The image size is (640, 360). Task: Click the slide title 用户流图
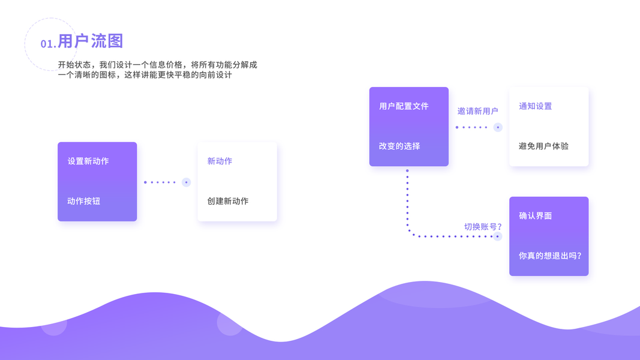91,41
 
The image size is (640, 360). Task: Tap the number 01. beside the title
49,44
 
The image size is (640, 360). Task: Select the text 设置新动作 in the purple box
88,161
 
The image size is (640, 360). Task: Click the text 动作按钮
83,201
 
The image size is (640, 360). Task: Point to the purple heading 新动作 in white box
220,161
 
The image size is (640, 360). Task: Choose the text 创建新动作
227,201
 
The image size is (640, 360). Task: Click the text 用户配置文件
404,106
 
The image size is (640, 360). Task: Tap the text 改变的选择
399,146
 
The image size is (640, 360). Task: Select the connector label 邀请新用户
477,111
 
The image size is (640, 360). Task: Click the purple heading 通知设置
535,106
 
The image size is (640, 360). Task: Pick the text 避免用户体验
543,146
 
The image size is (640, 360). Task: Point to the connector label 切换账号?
483,226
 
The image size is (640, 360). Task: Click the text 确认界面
535,215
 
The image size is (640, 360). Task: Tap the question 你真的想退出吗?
549,255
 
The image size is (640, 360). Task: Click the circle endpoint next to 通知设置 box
497,127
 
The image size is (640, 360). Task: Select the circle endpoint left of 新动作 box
186,182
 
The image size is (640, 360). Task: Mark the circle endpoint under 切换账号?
497,236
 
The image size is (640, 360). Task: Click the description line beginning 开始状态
157,65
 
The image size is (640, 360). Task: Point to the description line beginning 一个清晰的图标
145,76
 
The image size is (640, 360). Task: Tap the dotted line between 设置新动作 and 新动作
160,182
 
